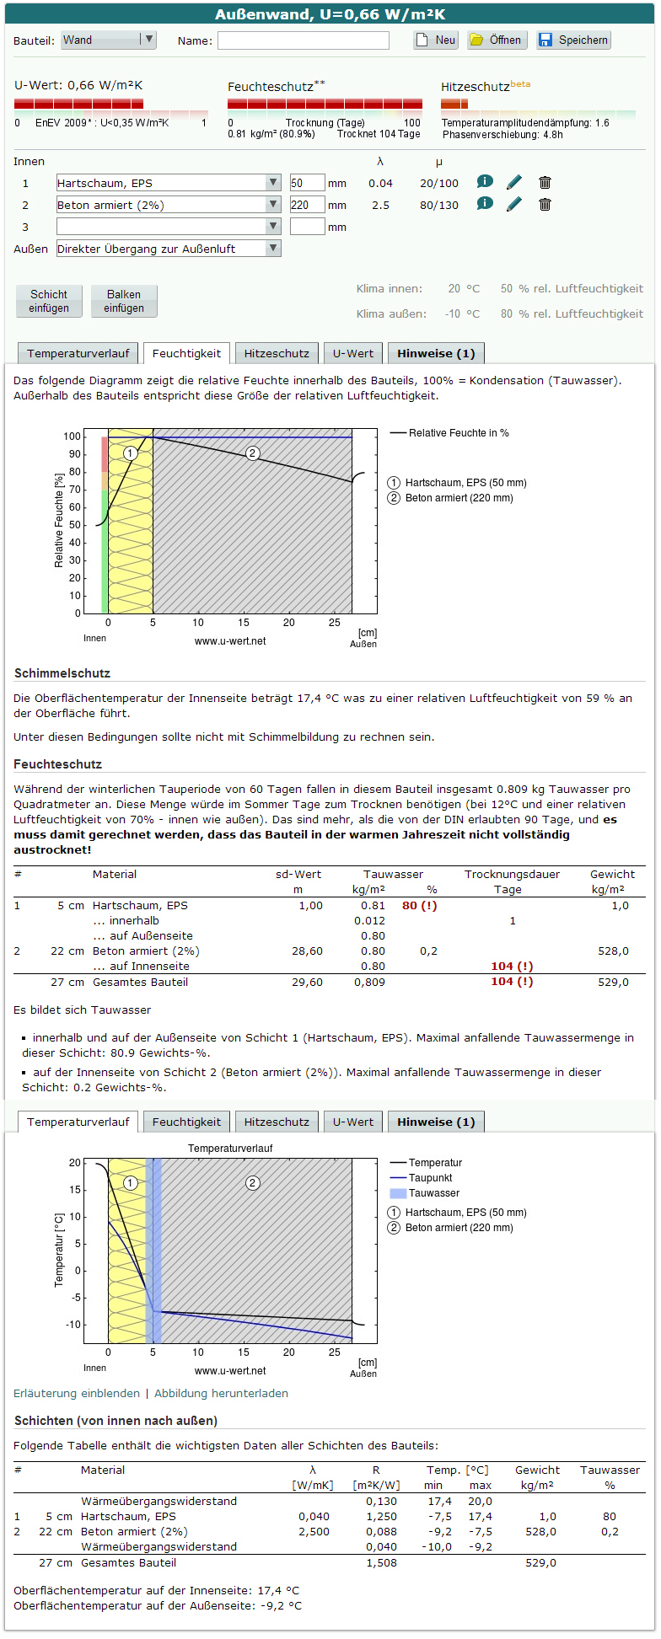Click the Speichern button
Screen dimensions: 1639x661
(573, 40)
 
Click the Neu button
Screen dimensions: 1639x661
(436, 40)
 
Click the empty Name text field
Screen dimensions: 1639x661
(304, 40)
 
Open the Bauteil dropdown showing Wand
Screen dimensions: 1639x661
(109, 40)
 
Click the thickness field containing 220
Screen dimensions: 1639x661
(307, 205)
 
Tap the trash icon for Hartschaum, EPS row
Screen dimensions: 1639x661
(545, 182)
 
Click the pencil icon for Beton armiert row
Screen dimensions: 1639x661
(514, 204)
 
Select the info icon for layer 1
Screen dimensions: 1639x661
(485, 181)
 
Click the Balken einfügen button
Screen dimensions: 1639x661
(124, 301)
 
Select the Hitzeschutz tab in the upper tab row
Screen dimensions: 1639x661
(277, 354)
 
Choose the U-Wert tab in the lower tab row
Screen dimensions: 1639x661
(353, 1122)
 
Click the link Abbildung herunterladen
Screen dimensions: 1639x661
(221, 1393)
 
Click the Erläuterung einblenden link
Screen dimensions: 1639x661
(77, 1393)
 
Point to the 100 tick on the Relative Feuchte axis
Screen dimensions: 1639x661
(73, 437)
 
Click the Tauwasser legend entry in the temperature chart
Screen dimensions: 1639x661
(433, 1193)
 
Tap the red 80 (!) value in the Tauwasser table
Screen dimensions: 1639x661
(419, 905)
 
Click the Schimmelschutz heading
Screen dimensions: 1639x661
(62, 673)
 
